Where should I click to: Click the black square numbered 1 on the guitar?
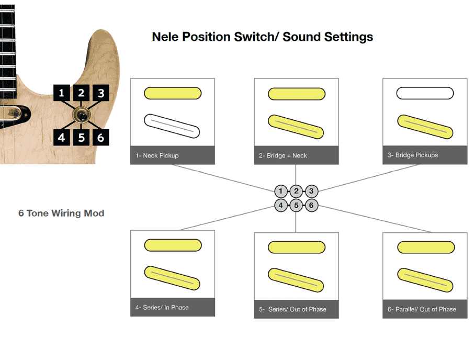[62, 93]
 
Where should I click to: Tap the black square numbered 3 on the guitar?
[100, 93]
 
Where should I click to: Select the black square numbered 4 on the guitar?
[62, 137]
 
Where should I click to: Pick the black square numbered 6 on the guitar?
[100, 137]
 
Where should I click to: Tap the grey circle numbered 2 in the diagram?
[296, 191]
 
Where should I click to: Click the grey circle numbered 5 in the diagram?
[296, 205]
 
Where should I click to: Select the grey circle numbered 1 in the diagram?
[281, 191]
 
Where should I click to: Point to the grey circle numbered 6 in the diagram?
[311, 205]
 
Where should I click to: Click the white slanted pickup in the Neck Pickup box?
[172, 126]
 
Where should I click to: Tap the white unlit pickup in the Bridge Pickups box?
[424, 93]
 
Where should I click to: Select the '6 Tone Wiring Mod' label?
[61, 213]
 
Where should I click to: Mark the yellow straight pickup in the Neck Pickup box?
[172, 93]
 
